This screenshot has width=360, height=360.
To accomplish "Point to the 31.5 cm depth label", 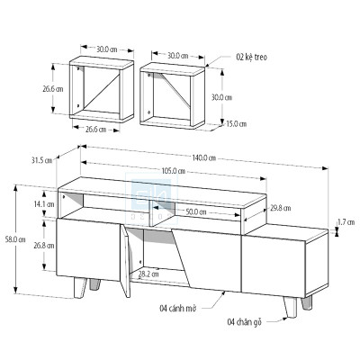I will (x=40, y=160).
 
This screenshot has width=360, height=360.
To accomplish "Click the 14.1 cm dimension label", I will (x=42, y=204).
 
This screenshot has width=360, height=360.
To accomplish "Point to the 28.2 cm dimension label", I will (x=148, y=274).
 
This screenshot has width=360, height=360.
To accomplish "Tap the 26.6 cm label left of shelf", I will (x=51, y=89).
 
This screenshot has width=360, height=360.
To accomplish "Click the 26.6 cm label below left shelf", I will (x=95, y=129).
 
